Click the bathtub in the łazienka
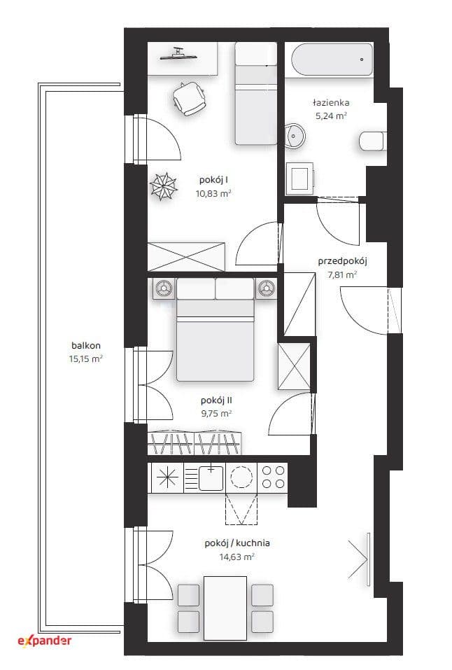click(x=332, y=60)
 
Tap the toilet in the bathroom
click(x=372, y=141)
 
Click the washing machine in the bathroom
click(x=299, y=178)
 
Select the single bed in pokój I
click(x=256, y=94)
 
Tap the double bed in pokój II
click(x=216, y=330)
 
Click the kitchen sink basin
click(x=211, y=478)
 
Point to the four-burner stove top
click(x=273, y=477)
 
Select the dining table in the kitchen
click(x=225, y=608)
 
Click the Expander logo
click(x=45, y=641)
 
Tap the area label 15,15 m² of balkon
click(x=86, y=359)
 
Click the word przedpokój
click(x=342, y=261)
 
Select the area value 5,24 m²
click(x=331, y=116)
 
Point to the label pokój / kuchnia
click(x=237, y=543)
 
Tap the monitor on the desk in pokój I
click(x=178, y=55)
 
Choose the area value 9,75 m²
click(x=216, y=414)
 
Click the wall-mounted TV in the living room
click(x=368, y=559)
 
